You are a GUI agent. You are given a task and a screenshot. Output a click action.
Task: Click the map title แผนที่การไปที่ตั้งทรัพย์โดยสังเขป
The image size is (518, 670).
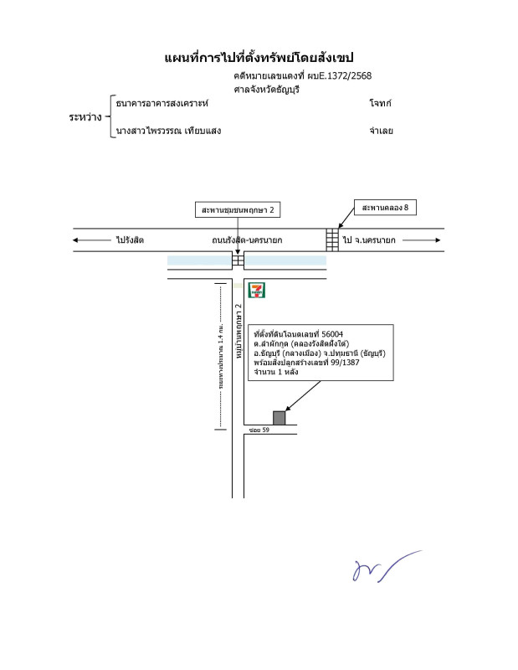(x=259, y=57)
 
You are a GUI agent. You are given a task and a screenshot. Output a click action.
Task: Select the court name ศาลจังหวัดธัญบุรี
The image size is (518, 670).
(x=267, y=89)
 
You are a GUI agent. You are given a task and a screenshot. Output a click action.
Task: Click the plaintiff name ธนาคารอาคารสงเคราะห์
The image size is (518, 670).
(x=162, y=103)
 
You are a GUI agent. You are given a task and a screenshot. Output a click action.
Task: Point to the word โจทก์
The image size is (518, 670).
(x=380, y=103)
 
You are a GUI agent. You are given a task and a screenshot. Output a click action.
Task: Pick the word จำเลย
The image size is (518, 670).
(x=381, y=131)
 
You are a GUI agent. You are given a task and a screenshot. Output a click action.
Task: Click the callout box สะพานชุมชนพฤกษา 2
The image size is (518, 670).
(x=238, y=209)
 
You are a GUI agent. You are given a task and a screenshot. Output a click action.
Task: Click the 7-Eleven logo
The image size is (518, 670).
(x=258, y=291)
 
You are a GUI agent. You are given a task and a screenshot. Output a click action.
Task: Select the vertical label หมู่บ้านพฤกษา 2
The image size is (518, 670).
(x=238, y=332)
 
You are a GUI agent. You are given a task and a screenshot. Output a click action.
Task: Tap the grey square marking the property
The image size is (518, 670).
(x=279, y=417)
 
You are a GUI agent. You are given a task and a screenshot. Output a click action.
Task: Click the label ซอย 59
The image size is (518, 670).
(x=259, y=430)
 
